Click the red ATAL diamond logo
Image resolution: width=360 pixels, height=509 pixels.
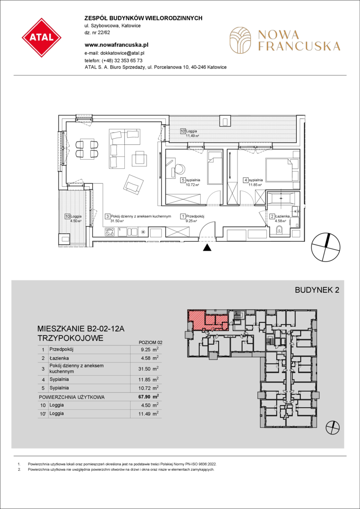[x=41, y=38]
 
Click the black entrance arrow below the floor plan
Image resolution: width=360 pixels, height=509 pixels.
[x=207, y=248]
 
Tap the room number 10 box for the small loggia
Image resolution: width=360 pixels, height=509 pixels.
[x=67, y=216]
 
